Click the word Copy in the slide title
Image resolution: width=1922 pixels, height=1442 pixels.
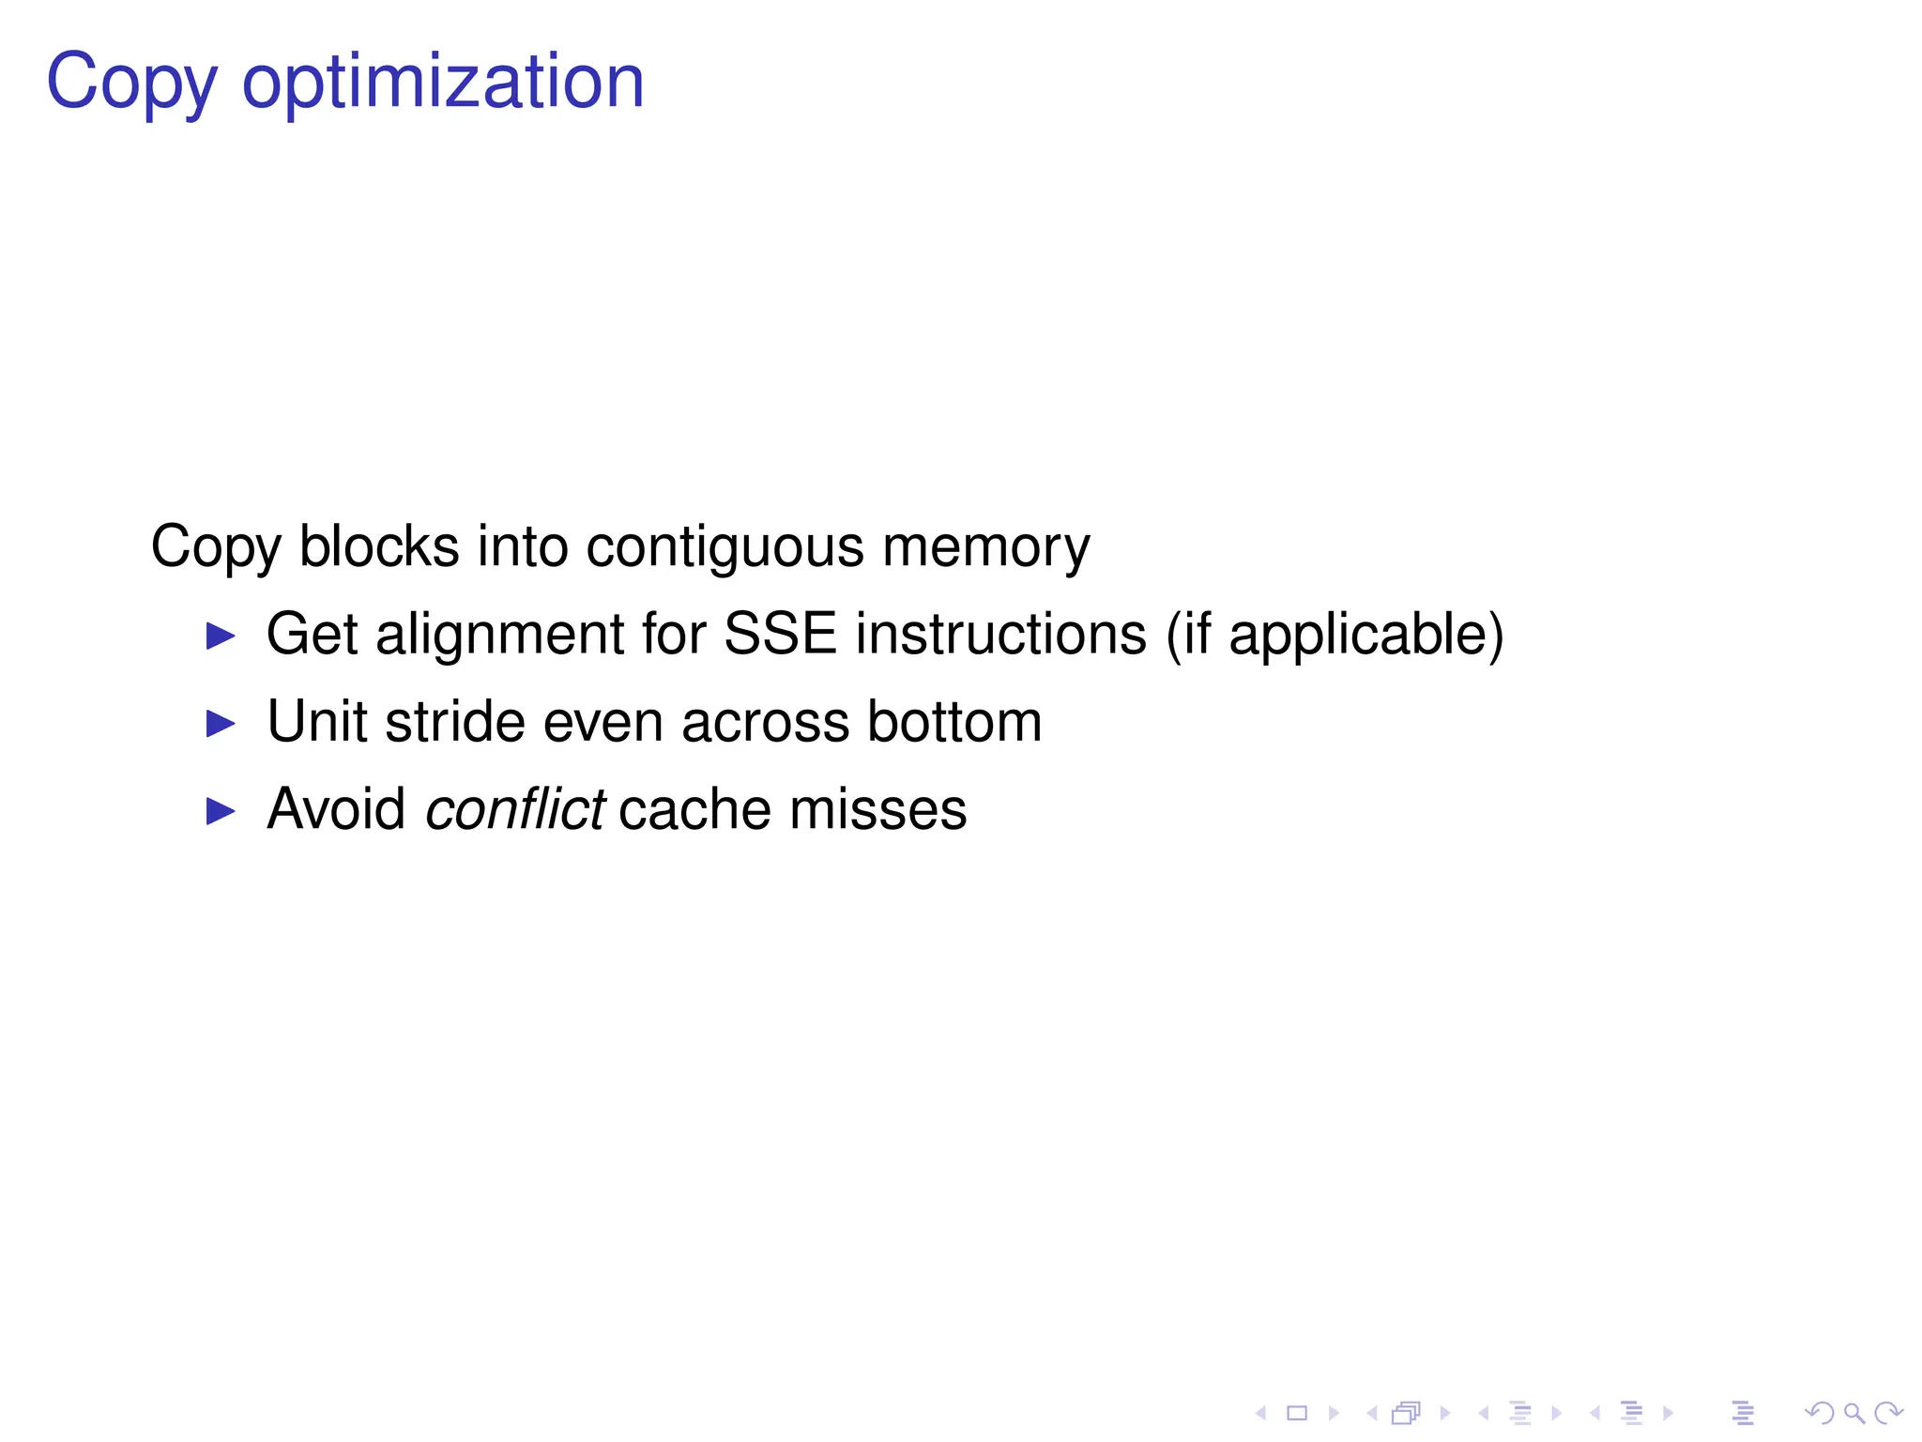[x=131, y=83]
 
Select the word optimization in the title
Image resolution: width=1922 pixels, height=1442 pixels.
[x=443, y=83]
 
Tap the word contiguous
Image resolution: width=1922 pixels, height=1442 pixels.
[x=725, y=546]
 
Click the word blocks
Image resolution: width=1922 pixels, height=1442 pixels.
[x=379, y=546]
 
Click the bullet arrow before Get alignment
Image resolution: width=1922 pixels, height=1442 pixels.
[x=221, y=637]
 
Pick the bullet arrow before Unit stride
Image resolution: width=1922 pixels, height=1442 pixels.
[x=221, y=724]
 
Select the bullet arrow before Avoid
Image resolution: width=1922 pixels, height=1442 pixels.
[x=221, y=811]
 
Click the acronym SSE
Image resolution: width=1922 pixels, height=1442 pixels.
[x=780, y=635]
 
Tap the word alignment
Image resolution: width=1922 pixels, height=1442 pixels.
[x=499, y=635]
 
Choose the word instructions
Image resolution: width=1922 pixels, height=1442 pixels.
[x=1000, y=635]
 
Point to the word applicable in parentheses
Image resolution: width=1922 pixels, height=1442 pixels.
[x=1359, y=635]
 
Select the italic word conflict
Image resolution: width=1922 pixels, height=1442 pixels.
[x=514, y=809]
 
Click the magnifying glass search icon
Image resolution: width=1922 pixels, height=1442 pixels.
[x=1854, y=1413]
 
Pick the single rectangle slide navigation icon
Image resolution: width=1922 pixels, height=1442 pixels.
[x=1297, y=1413]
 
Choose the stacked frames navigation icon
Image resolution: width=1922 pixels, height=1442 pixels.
[x=1406, y=1413]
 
